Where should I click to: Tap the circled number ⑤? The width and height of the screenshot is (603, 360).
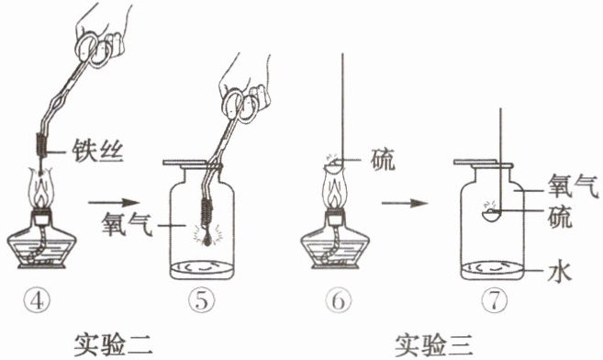pyautogui.click(x=202, y=301)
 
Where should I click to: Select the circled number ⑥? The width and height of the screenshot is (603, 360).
pyautogui.click(x=338, y=301)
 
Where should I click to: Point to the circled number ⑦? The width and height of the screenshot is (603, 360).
pyautogui.click(x=494, y=301)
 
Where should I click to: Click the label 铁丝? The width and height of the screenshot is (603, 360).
pyautogui.click(x=97, y=152)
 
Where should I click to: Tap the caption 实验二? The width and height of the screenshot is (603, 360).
pyautogui.click(x=113, y=344)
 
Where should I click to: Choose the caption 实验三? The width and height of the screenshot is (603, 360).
pyautogui.click(x=433, y=344)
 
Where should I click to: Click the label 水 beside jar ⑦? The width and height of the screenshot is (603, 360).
pyautogui.click(x=560, y=271)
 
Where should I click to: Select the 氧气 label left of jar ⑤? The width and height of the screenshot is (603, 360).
pyautogui.click(x=127, y=224)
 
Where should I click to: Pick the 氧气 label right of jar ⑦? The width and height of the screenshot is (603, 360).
pyautogui.click(x=573, y=186)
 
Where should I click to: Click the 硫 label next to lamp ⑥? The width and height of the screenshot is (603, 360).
pyautogui.click(x=383, y=159)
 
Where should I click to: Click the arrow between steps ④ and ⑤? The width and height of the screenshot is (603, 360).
pyautogui.click(x=113, y=202)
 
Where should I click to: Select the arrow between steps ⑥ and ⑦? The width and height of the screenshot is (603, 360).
pyautogui.click(x=404, y=202)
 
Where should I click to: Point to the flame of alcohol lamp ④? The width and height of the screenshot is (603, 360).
pyautogui.click(x=40, y=190)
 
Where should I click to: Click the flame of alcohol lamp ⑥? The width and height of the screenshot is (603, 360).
pyautogui.click(x=334, y=190)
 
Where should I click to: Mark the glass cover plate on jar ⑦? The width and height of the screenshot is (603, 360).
pyautogui.click(x=483, y=163)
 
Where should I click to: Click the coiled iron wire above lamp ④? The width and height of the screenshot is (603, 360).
pyautogui.click(x=41, y=144)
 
